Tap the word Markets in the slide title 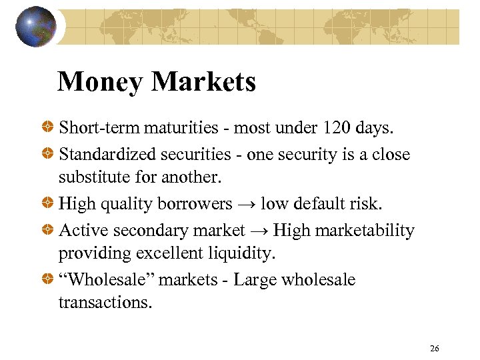[x=204, y=82]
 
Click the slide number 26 [x=435, y=349]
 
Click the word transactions [x=105, y=303]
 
